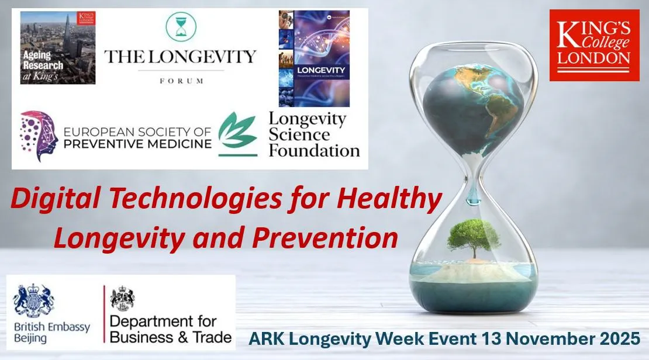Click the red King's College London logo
pos(595,46)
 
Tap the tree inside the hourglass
pos(474,237)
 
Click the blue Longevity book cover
pos(313,58)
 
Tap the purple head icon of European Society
pos(39,136)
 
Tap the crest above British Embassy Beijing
pos(33,300)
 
